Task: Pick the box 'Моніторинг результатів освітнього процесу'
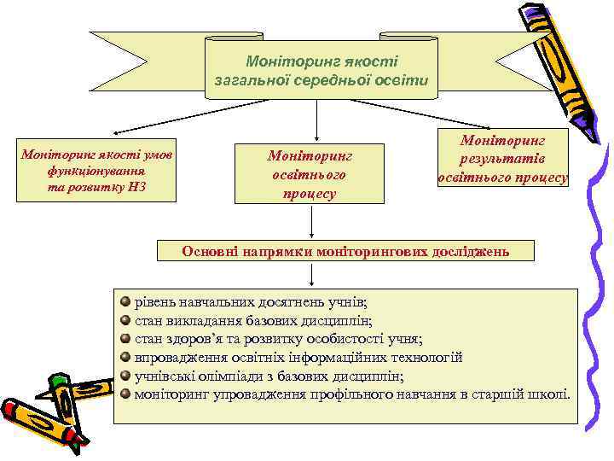(502, 158)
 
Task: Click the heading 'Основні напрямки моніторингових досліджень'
(345, 251)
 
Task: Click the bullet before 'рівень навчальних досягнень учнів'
(126, 301)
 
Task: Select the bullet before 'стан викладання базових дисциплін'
(126, 320)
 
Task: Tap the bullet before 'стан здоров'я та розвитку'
(126, 339)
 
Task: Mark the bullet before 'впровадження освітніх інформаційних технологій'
(126, 357)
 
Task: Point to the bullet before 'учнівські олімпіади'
(126, 375)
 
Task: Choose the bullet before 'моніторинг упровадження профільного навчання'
(126, 394)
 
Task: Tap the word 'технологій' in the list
(426, 358)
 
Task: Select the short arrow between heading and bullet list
(312, 275)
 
